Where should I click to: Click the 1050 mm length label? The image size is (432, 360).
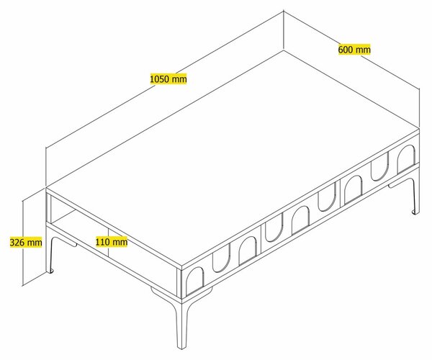click(168, 79)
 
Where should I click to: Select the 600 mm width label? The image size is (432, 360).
click(354, 50)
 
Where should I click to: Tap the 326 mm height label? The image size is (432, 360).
click(26, 243)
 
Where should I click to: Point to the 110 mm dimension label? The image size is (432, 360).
click(112, 242)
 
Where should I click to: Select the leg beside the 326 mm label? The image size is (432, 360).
click(50, 253)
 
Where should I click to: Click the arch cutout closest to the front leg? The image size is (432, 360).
click(195, 282)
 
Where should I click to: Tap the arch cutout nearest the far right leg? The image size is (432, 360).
click(406, 159)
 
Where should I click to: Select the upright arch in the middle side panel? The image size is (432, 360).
click(300, 220)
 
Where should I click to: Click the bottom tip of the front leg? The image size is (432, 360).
click(181, 349)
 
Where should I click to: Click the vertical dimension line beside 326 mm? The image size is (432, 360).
click(23, 243)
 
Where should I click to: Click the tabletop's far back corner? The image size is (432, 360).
click(284, 50)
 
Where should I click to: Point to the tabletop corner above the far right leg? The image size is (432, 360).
click(419, 128)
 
